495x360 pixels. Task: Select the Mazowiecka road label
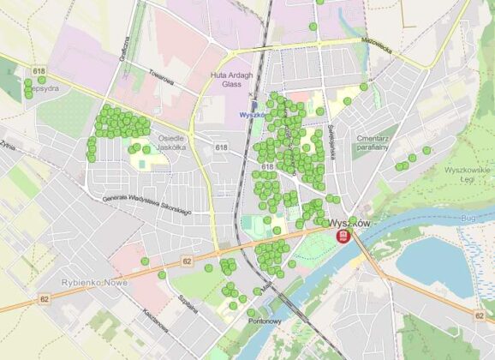(x=375, y=51)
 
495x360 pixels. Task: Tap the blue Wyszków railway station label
(x=253, y=113)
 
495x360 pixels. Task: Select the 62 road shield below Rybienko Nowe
(x=43, y=299)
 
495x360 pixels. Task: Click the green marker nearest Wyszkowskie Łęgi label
(x=426, y=151)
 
